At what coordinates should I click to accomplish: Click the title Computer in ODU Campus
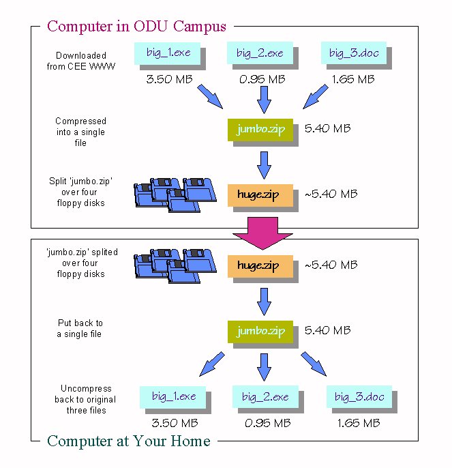click(x=136, y=27)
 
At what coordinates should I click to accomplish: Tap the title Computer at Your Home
click(x=129, y=441)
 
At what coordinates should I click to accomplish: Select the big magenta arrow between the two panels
click(x=262, y=233)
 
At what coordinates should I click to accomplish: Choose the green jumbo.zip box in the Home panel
click(x=260, y=332)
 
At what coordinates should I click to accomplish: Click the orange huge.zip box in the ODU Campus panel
click(x=260, y=194)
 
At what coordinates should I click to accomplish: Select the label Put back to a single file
click(x=80, y=328)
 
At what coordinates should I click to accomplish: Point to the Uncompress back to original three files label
click(x=85, y=399)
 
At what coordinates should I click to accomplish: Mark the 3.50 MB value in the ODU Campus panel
click(x=169, y=79)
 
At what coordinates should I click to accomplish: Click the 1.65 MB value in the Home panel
click(x=359, y=423)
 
